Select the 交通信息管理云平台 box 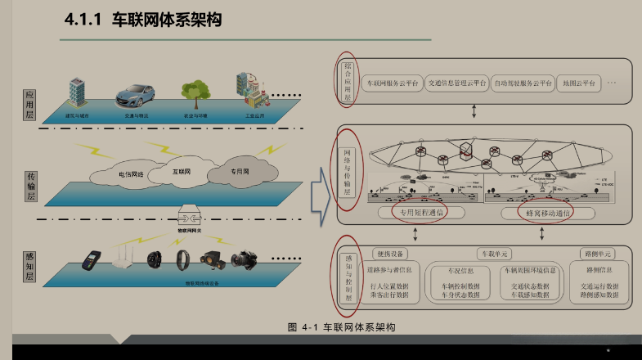[456, 83]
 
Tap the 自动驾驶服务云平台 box [523, 83]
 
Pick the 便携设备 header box [389, 253]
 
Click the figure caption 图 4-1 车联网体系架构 [341, 327]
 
